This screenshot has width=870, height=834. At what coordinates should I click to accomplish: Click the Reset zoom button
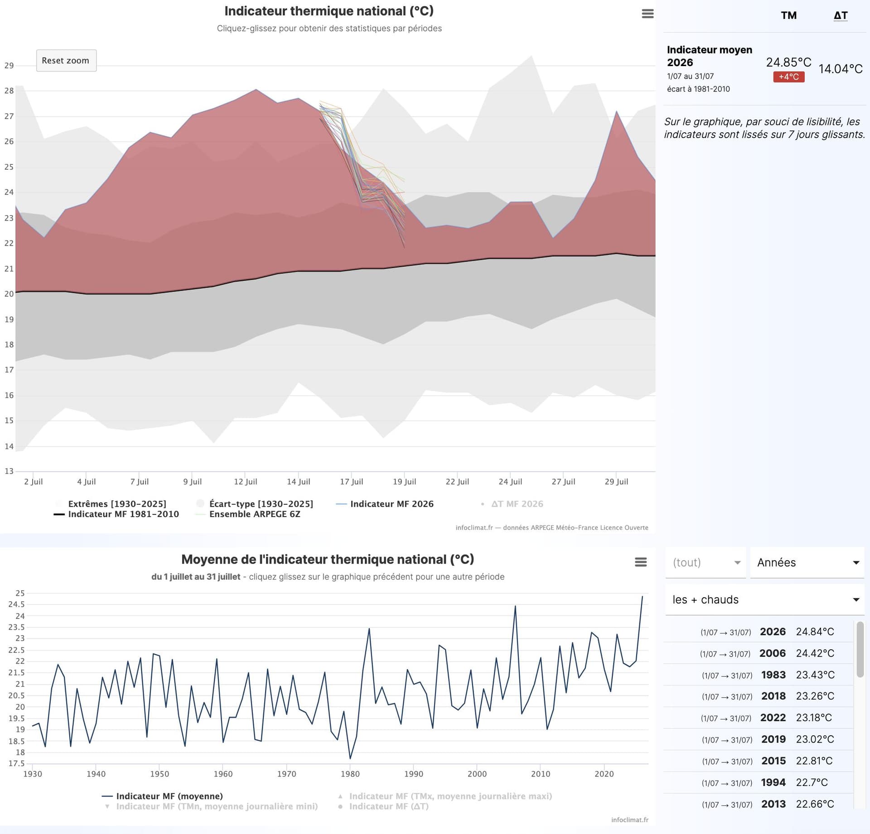(66, 61)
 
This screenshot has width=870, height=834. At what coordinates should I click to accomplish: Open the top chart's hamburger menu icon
(648, 14)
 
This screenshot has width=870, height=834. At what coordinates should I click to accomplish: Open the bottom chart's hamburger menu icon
(641, 562)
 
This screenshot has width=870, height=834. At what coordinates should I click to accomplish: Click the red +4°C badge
(789, 77)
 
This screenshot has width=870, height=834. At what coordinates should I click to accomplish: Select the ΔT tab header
(841, 15)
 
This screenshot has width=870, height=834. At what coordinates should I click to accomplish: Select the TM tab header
(789, 15)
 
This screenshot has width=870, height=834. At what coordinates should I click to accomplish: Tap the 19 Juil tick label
(404, 482)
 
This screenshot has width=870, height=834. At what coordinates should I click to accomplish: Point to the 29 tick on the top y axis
(9, 66)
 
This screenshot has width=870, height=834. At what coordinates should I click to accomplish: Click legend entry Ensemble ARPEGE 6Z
(255, 514)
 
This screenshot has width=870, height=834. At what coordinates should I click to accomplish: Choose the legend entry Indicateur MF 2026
(392, 504)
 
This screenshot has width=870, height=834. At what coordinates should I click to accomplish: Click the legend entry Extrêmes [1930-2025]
(117, 504)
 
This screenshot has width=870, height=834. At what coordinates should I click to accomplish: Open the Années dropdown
(807, 563)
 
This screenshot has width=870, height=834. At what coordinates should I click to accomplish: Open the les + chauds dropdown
(765, 600)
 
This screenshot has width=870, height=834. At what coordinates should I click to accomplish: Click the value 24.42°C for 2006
(815, 653)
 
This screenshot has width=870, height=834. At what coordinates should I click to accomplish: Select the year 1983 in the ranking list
(773, 675)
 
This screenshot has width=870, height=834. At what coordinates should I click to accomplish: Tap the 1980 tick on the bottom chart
(350, 774)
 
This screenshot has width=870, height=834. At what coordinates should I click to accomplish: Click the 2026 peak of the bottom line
(642, 596)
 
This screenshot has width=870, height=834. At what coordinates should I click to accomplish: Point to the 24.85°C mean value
(789, 62)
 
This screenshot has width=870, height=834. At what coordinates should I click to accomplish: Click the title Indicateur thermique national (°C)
(329, 11)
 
